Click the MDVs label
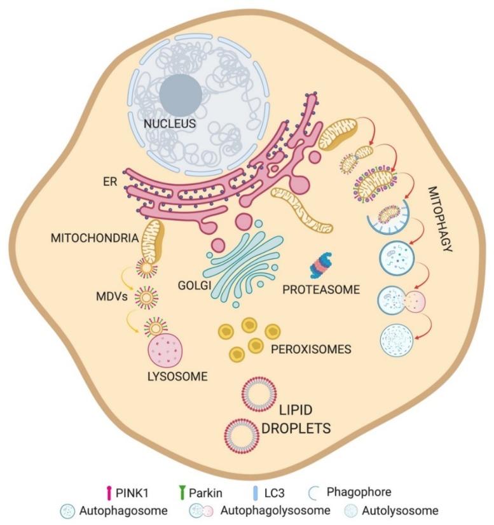(106, 297)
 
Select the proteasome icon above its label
(322, 265)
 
